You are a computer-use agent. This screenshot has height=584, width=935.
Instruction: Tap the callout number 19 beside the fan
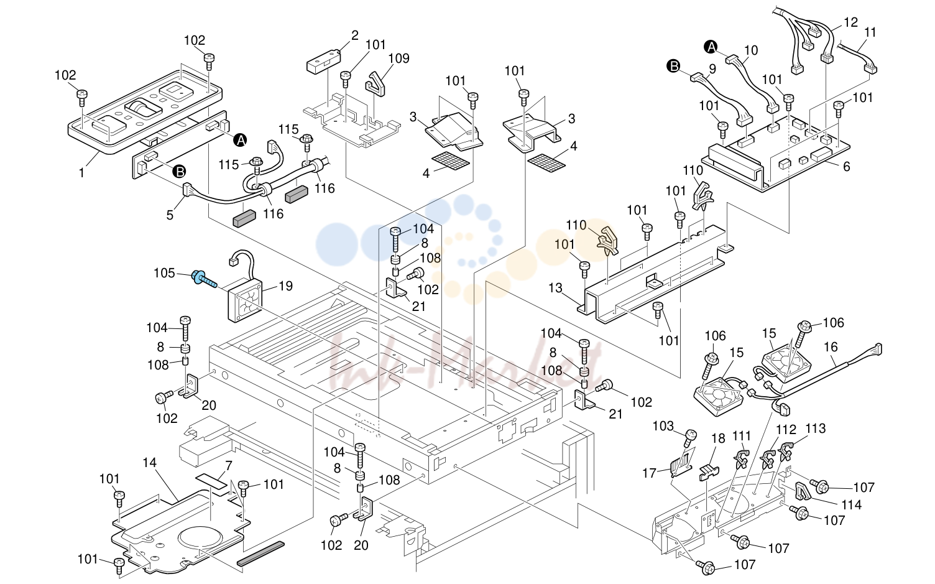tap(286, 286)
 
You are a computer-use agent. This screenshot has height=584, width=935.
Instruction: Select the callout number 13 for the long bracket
tap(556, 288)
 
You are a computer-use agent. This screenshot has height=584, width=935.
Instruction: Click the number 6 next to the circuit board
tap(847, 167)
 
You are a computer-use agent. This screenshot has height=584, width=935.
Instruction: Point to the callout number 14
tap(149, 463)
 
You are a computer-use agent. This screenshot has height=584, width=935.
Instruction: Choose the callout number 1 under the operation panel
tap(82, 172)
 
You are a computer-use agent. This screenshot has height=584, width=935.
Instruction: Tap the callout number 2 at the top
tap(355, 36)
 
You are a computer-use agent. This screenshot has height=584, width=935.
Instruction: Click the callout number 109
tap(399, 58)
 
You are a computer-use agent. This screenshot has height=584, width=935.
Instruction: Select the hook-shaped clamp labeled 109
tap(376, 83)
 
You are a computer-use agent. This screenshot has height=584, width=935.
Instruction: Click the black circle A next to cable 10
tap(711, 47)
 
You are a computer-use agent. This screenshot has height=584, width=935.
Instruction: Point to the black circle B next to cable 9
tap(673, 66)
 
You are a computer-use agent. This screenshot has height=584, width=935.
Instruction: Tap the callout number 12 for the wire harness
tap(850, 22)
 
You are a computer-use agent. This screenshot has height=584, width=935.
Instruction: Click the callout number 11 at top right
tap(870, 32)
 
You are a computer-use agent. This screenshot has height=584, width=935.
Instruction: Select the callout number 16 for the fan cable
tap(831, 347)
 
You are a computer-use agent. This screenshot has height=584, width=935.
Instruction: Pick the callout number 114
tap(852, 505)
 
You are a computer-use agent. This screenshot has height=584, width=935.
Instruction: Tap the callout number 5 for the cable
tap(170, 215)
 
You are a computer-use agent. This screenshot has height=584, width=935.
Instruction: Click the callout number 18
tap(719, 438)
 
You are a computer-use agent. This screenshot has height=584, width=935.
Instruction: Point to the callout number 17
tap(650, 473)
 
